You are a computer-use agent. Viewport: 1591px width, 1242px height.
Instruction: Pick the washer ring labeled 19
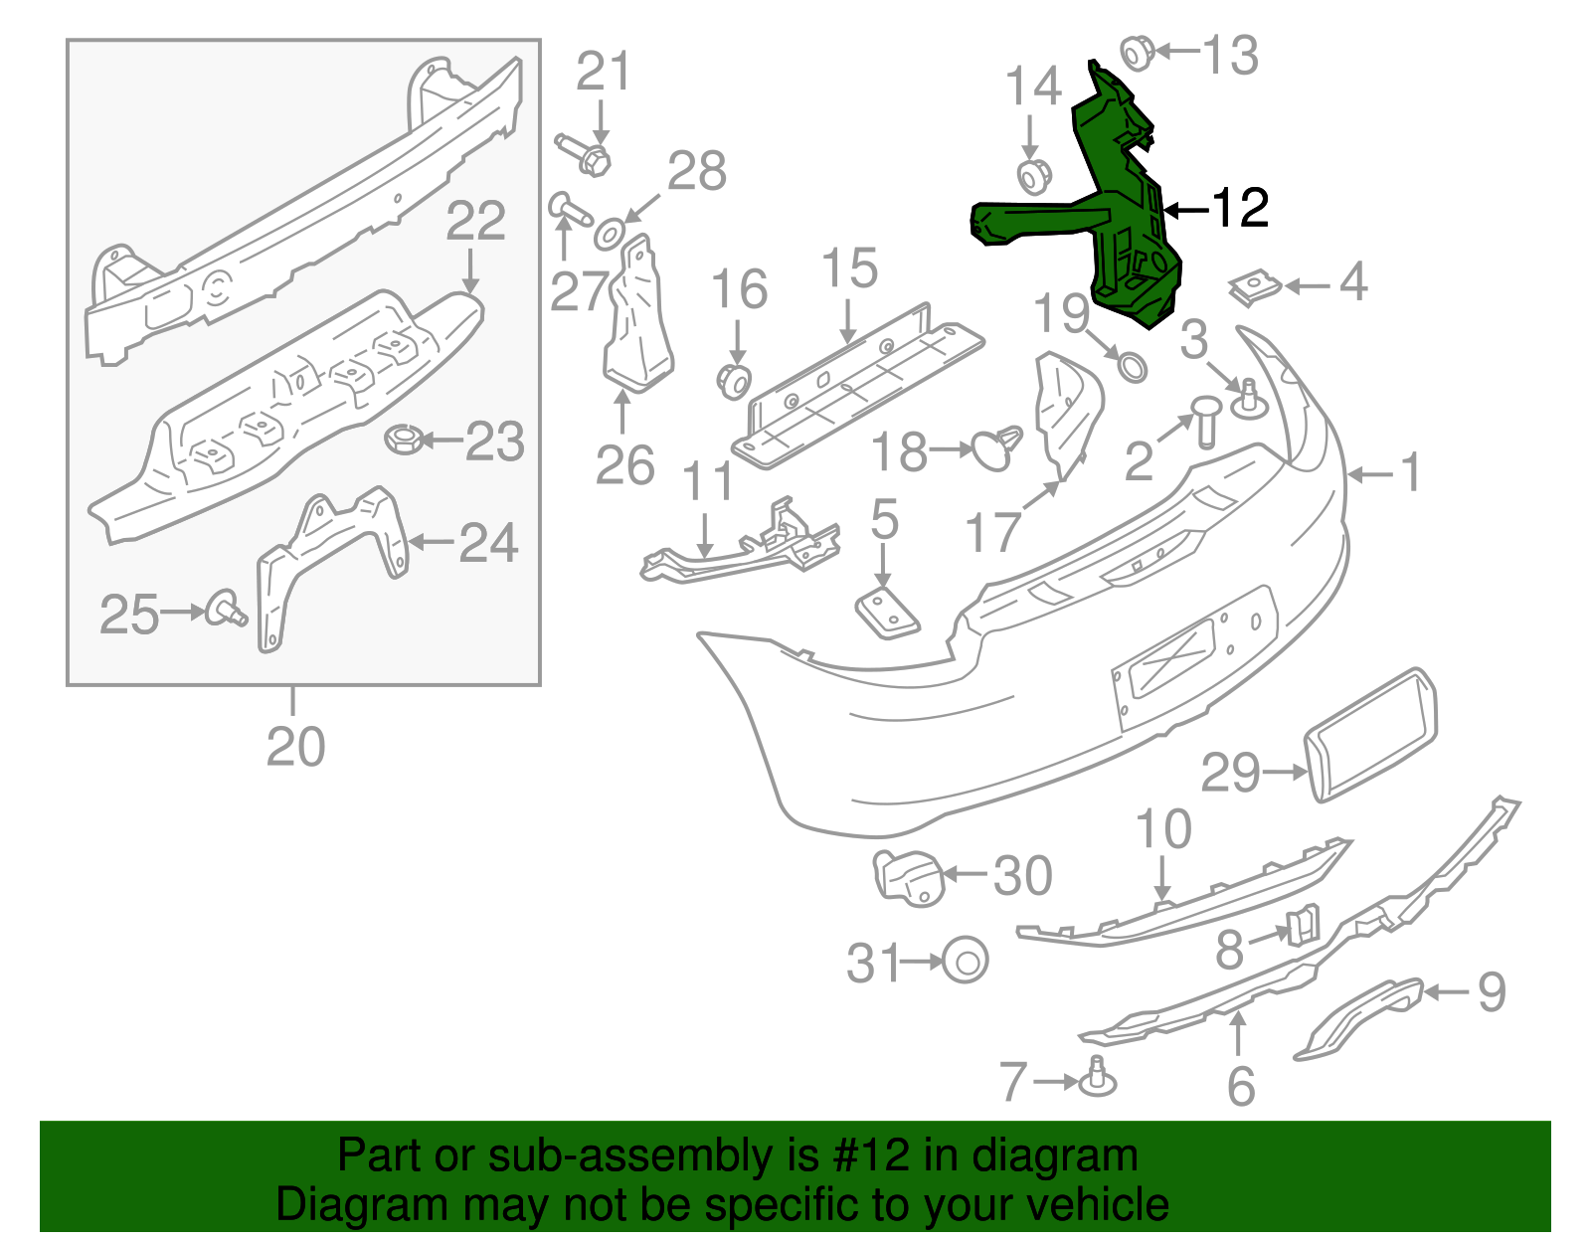coord(1132,366)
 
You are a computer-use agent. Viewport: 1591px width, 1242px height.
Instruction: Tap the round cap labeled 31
coord(964,961)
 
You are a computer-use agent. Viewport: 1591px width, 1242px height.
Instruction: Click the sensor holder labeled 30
coord(908,877)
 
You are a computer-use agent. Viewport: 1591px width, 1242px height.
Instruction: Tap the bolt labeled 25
coord(225,609)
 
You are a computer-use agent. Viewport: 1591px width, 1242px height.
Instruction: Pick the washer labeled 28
coord(608,236)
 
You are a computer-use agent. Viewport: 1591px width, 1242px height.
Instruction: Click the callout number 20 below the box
coord(295,747)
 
